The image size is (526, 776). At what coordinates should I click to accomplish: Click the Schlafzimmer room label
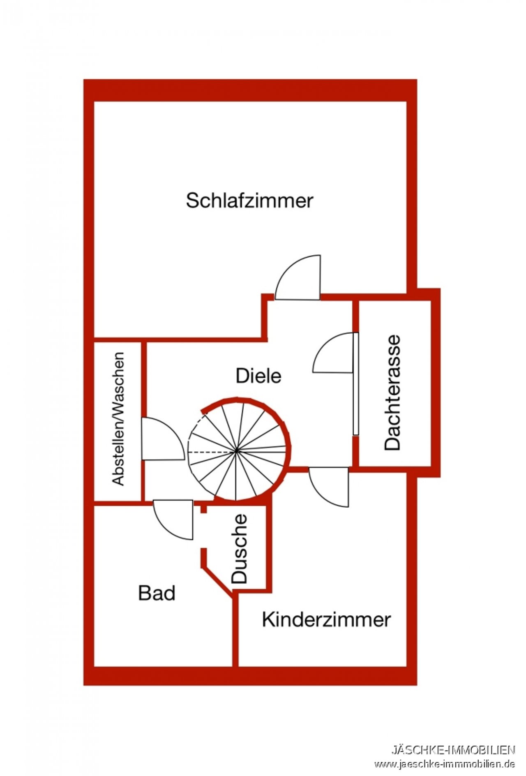click(249, 201)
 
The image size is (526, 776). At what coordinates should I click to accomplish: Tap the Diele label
click(258, 376)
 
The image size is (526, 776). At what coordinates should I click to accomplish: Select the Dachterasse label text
click(392, 393)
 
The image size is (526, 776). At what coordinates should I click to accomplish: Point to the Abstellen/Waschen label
click(118, 418)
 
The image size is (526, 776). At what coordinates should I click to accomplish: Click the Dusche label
click(240, 549)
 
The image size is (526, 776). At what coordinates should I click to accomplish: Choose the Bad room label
click(157, 593)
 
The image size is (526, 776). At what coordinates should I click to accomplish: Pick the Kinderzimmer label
click(326, 619)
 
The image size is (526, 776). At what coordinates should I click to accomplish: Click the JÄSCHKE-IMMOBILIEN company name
click(453, 750)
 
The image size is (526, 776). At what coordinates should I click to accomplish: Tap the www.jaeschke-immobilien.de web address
click(444, 764)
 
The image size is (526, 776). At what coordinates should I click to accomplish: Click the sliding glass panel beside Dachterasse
click(356, 383)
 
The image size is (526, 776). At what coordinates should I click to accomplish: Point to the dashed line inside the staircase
click(212, 452)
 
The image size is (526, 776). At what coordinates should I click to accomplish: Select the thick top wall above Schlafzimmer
click(250, 90)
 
